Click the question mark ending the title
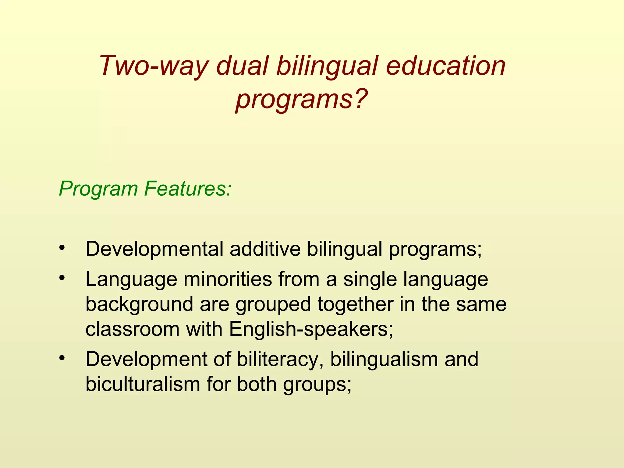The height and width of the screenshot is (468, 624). (360, 99)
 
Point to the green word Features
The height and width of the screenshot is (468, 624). (188, 189)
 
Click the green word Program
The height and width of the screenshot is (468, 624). (98, 189)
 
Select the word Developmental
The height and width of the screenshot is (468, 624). (154, 250)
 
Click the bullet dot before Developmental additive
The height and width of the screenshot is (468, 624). (62, 247)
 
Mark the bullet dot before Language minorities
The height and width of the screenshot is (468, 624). (62, 278)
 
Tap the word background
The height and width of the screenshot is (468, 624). (140, 305)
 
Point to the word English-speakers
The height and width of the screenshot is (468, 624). (311, 330)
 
